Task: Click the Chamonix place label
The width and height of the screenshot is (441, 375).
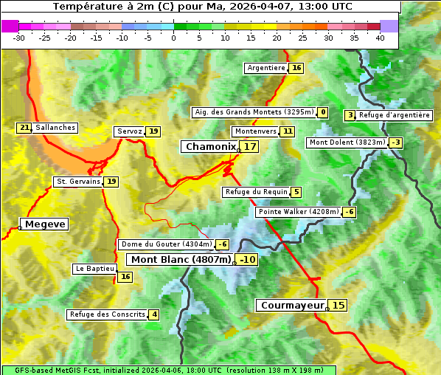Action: coord(210,147)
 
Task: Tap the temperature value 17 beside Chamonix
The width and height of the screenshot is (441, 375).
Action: coord(251,147)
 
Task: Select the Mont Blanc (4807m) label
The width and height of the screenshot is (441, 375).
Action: coord(181,259)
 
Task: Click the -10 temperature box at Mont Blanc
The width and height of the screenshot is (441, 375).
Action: coord(247,259)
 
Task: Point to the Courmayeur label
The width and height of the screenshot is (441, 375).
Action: coord(292,305)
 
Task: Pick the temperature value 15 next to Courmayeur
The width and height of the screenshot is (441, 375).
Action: coord(338,305)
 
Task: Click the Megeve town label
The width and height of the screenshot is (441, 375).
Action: coord(45,224)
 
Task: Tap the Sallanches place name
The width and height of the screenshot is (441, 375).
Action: coord(55,128)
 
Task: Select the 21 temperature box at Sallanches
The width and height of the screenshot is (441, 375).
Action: coord(24,128)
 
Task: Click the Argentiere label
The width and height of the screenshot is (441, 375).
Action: coord(266,68)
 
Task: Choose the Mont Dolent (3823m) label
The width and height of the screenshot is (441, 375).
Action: coord(347,142)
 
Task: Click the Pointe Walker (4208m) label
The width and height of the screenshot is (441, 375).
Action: coord(298,212)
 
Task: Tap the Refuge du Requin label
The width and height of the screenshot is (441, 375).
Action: coord(256,192)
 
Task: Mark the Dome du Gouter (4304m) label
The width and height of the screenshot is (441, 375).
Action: coord(166,244)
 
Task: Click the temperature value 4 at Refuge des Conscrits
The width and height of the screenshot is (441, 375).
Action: coord(154,314)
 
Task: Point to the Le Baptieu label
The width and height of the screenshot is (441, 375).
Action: coord(94,269)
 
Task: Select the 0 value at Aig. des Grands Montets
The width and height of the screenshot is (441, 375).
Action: coord(323,112)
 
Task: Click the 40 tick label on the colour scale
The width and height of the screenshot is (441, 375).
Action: coord(380,38)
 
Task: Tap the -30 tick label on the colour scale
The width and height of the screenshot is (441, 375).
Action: coord(19,38)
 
